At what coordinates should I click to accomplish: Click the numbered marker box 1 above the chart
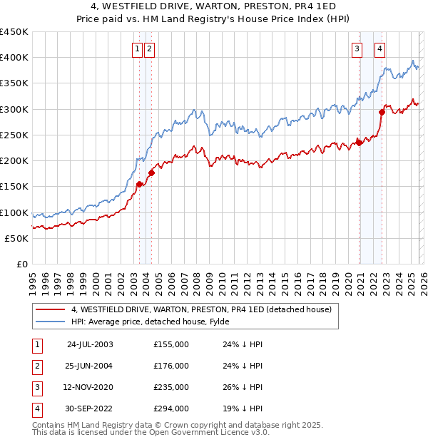(x=136, y=49)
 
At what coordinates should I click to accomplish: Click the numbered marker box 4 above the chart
(x=380, y=49)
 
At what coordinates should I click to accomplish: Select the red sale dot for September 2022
(x=382, y=112)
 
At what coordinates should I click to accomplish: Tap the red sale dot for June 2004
(x=151, y=173)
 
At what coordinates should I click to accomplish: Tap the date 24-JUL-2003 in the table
(x=90, y=344)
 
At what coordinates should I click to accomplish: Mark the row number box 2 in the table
(x=36, y=366)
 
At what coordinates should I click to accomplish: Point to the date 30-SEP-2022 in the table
(x=90, y=408)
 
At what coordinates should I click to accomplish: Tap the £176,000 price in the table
(x=171, y=366)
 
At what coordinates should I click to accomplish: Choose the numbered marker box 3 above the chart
(x=356, y=49)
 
